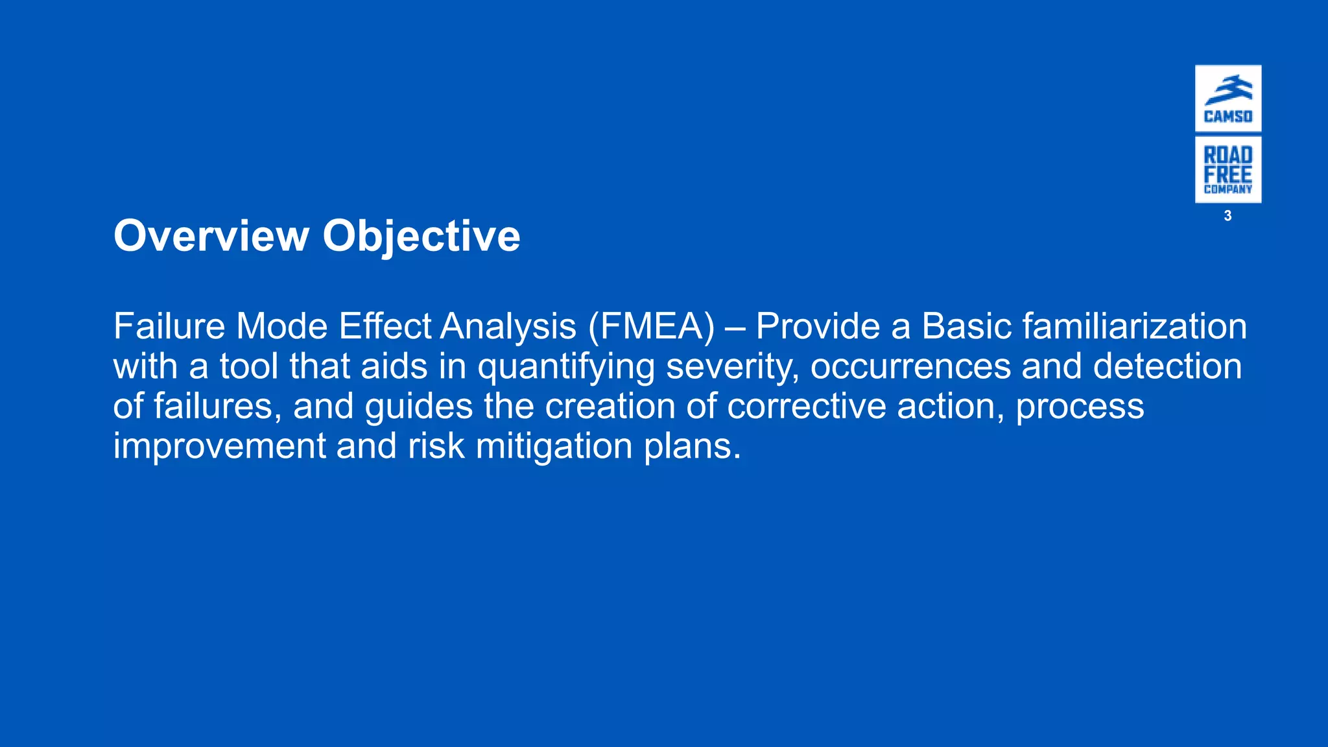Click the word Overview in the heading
211,235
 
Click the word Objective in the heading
421,237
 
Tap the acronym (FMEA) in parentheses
652,326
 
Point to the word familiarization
1134,326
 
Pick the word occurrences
910,366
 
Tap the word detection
1167,366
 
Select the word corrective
807,407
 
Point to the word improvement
219,447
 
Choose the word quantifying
566,367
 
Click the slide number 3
1227,216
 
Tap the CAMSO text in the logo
1228,117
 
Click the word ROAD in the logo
1228,155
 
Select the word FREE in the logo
1228,174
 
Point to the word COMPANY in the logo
1228,189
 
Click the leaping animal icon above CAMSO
1228,90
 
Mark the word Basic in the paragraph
966,326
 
